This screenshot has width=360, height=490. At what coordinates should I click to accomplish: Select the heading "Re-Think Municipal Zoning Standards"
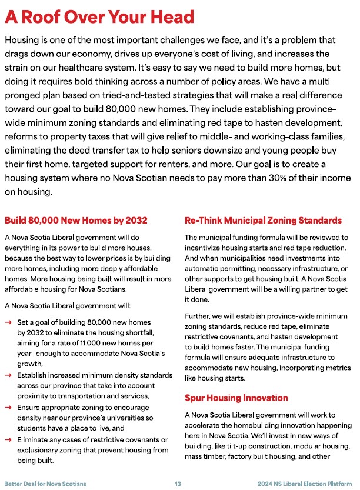(x=263, y=221)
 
